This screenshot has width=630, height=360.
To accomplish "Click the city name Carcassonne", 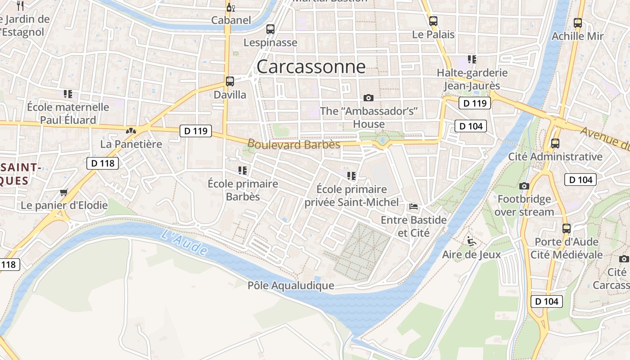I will [311, 67].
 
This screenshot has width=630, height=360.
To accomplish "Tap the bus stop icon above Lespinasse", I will [270, 29].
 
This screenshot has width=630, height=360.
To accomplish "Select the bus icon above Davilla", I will [230, 81].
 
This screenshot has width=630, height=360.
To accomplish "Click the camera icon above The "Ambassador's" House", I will [369, 98].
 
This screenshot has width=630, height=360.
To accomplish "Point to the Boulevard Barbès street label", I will [294, 144].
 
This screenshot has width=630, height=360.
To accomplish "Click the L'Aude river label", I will [184, 242].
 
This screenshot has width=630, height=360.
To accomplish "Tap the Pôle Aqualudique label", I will [291, 286].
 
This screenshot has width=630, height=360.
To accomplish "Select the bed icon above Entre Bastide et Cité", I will [414, 207].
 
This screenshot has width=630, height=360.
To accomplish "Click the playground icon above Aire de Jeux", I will [471, 241].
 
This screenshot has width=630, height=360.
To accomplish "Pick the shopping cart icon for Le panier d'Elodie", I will [64, 192].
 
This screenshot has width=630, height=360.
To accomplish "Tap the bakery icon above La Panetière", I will [131, 131].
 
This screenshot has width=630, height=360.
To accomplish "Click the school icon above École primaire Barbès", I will [243, 171].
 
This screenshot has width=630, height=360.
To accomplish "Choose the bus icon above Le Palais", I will [433, 21].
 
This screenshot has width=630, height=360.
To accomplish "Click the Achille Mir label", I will [578, 36].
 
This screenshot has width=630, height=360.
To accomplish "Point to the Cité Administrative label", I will [555, 157].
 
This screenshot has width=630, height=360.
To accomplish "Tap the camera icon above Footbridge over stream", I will [524, 186].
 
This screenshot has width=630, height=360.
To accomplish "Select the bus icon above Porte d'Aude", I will [566, 228].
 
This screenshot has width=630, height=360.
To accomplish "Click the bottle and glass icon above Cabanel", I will [231, 7].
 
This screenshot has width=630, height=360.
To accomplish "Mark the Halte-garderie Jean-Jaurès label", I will [472, 79].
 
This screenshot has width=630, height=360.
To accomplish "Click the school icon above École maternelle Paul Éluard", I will [68, 94].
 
